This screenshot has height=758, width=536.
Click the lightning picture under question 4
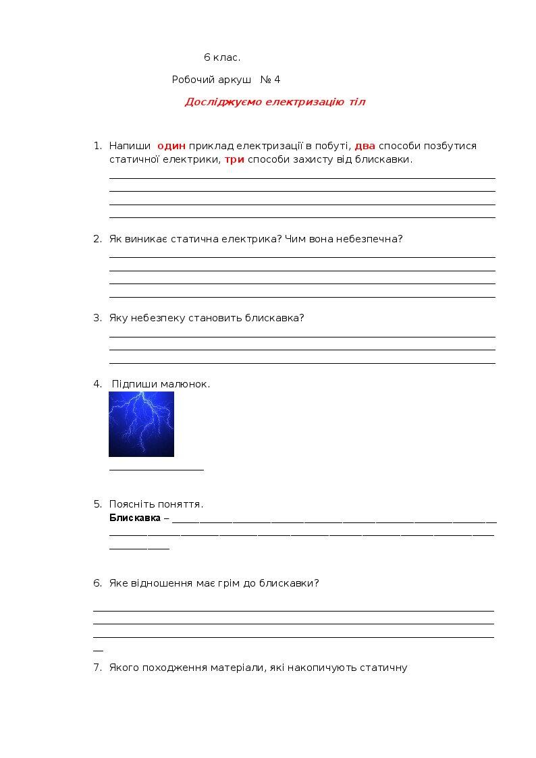coord(141,424)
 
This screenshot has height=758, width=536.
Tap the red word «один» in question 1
coord(171,146)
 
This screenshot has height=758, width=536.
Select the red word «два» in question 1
coord(365,146)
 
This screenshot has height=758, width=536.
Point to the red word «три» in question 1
coord(234,160)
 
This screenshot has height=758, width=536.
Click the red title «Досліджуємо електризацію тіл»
coord(275,102)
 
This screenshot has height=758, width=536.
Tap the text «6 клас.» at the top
coord(222,57)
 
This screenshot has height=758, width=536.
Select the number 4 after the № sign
coord(277,80)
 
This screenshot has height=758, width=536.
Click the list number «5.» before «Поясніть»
coord(97,504)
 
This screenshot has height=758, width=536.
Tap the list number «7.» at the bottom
coord(97,668)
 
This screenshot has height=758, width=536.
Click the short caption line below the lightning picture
coord(156,468)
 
